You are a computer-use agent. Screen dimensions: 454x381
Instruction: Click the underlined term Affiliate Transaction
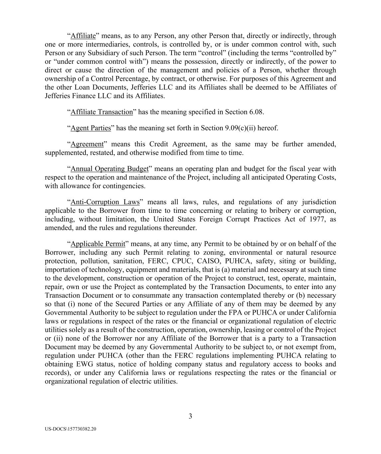pos(102,112)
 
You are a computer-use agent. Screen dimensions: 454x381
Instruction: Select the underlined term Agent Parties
pos(91,128)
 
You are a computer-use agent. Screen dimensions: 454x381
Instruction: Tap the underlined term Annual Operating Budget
pos(109,169)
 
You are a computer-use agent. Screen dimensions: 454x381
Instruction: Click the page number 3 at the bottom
pos(190,416)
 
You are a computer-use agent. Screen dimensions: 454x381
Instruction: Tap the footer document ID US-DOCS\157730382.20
pos(70,429)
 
